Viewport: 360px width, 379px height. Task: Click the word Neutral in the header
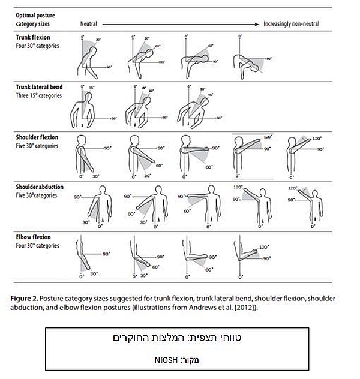pos(89,24)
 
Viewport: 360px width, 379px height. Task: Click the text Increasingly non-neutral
pos(291,24)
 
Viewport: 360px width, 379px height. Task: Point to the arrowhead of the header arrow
pos(259,24)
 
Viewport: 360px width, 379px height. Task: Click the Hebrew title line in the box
pos(180,340)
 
